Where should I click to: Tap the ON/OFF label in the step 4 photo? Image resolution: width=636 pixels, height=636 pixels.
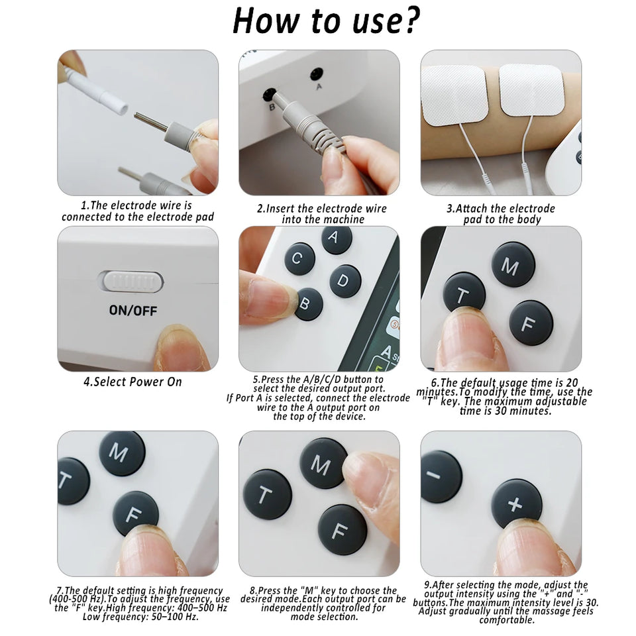coord(133,311)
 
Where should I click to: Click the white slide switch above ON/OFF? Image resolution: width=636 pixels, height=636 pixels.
coord(132,282)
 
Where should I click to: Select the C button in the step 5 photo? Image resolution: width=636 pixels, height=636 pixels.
coord(299,258)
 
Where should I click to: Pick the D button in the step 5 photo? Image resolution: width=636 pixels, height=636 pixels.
coord(345,281)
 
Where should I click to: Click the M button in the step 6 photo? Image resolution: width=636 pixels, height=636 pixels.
coord(513,264)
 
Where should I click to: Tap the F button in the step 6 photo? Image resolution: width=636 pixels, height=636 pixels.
coord(531,323)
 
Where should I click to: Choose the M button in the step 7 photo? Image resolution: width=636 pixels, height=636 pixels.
coord(122,453)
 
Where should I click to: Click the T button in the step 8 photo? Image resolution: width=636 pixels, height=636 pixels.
coord(267,494)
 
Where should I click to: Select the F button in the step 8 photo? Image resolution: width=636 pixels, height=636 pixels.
coord(342,529)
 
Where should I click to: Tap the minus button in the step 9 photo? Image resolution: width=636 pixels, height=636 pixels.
coord(440,476)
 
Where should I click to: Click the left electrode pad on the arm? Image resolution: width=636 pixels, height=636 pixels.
coord(454,93)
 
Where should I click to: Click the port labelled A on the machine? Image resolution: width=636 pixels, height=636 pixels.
coord(317,75)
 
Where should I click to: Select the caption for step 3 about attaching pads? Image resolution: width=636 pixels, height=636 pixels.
coord(502,213)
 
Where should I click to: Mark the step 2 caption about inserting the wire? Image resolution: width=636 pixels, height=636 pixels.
coord(321,213)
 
